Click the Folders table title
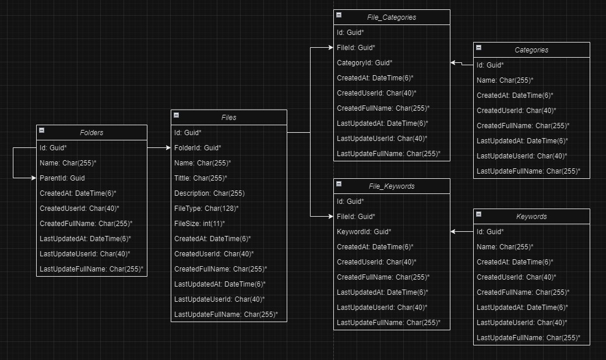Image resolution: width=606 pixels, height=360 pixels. [91, 132]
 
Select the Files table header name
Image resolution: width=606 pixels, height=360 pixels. [229, 118]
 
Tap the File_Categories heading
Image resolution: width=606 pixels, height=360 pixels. [392, 17]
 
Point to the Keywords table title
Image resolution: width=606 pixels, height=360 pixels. [531, 217]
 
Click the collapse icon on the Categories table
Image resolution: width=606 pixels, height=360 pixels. [478, 48]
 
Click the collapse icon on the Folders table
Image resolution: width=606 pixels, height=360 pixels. [42, 130]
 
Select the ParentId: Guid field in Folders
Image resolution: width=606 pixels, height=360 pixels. [62, 178]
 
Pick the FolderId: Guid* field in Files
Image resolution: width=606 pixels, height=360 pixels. [198, 148]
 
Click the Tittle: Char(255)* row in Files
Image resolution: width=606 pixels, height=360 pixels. [200, 178]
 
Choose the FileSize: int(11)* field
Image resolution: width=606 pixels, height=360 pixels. [199, 224]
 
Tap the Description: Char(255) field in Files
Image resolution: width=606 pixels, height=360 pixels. [209, 193]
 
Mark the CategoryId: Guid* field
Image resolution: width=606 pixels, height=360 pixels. [364, 62]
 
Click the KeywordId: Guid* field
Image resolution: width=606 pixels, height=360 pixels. [364, 232]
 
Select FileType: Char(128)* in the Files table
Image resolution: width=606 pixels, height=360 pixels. [206, 209]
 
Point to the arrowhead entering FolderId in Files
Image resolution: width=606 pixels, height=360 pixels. [168, 147]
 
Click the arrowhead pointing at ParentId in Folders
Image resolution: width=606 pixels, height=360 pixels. [34, 178]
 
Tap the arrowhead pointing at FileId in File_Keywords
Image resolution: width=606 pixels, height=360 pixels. [331, 216]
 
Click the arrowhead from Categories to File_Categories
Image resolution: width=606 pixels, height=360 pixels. [453, 62]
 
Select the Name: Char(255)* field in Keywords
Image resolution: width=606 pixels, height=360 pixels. [505, 247]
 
